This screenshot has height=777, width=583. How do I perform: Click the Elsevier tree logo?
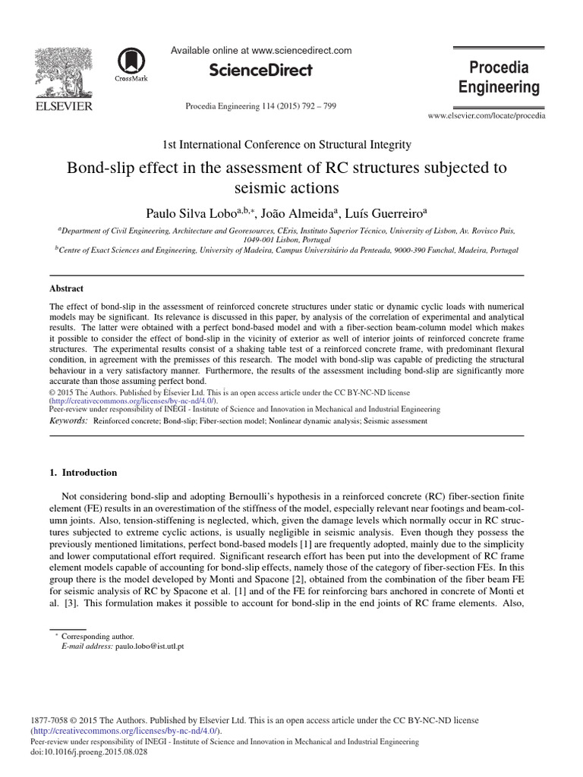tap(64, 72)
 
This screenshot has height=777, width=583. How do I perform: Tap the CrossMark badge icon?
tap(131, 64)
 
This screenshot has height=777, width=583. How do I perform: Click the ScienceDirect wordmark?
tap(260, 71)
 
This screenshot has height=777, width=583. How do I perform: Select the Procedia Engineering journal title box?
tap(499, 77)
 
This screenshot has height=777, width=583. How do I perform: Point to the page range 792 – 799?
tap(316, 105)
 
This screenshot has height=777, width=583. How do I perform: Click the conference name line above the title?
tap(287, 144)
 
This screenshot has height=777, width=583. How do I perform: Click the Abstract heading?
tap(66, 288)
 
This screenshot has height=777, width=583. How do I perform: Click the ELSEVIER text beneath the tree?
tap(64, 106)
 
